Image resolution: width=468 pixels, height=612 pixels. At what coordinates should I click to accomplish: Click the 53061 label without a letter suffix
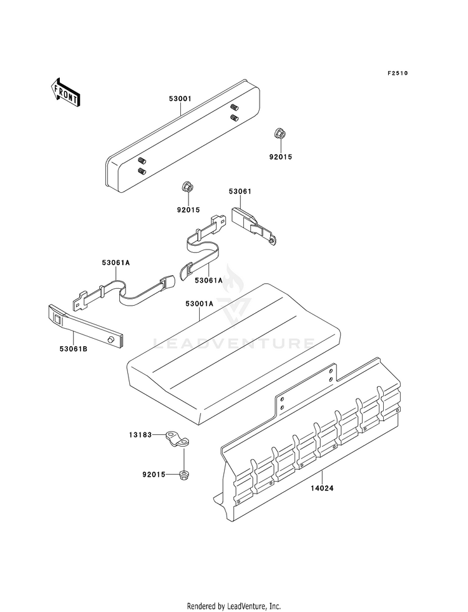click(240, 192)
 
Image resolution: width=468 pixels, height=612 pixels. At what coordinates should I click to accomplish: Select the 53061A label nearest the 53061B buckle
click(116, 263)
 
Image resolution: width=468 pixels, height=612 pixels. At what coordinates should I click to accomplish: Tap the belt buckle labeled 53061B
click(86, 326)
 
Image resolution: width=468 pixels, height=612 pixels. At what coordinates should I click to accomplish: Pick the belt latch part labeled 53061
click(253, 224)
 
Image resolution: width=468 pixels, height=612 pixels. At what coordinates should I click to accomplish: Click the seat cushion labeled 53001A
click(231, 349)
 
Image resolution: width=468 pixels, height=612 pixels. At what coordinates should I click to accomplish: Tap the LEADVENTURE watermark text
click(234, 342)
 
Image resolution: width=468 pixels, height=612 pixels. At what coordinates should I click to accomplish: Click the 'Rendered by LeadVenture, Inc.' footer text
click(234, 606)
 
